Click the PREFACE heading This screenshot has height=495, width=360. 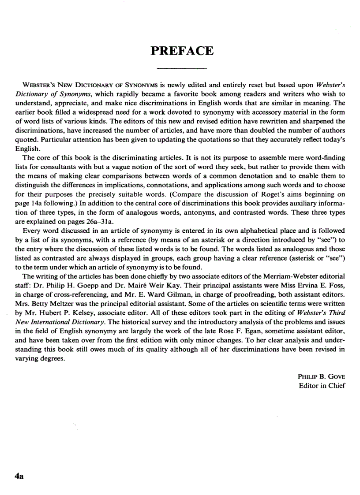click(182, 51)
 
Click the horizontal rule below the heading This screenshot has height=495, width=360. click(182, 69)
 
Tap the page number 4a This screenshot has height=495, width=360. click(19, 476)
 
